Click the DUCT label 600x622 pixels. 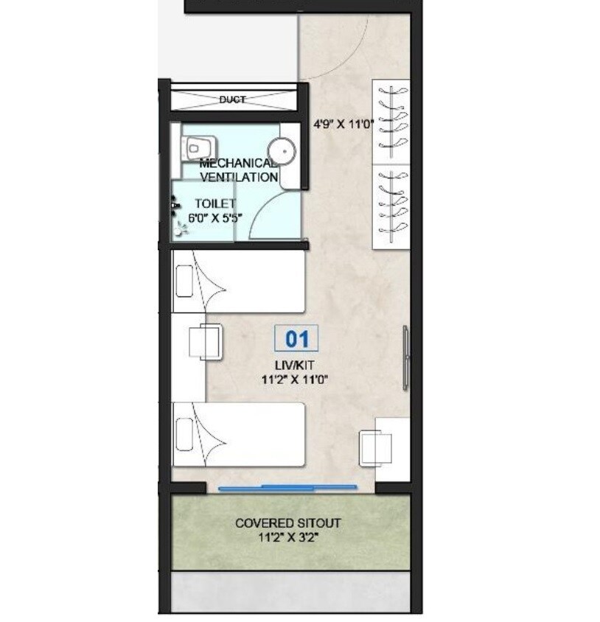pyautogui.click(x=232, y=99)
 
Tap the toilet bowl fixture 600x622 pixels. pyautogui.click(x=195, y=148)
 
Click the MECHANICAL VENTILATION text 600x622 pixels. pyautogui.click(x=238, y=170)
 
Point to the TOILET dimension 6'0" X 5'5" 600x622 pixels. pyautogui.click(x=214, y=217)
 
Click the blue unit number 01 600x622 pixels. pyautogui.click(x=296, y=339)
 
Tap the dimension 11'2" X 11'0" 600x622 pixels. pyautogui.click(x=294, y=380)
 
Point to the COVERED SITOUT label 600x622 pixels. pyautogui.click(x=288, y=523)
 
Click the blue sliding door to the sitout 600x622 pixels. pyautogui.click(x=288, y=486)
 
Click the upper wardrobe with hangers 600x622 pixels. pyautogui.click(x=391, y=121)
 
